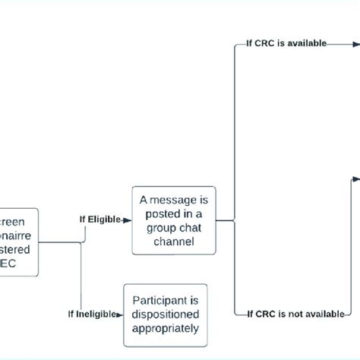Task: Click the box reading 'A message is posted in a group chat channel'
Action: [174, 220]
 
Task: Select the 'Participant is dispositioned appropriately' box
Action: [166, 314]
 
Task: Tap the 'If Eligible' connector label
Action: [100, 219]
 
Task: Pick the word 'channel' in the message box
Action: [174, 242]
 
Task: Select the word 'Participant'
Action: [166, 299]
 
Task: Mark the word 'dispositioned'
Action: [166, 314]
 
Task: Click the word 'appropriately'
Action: [166, 328]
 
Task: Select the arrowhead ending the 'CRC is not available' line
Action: [346, 313]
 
